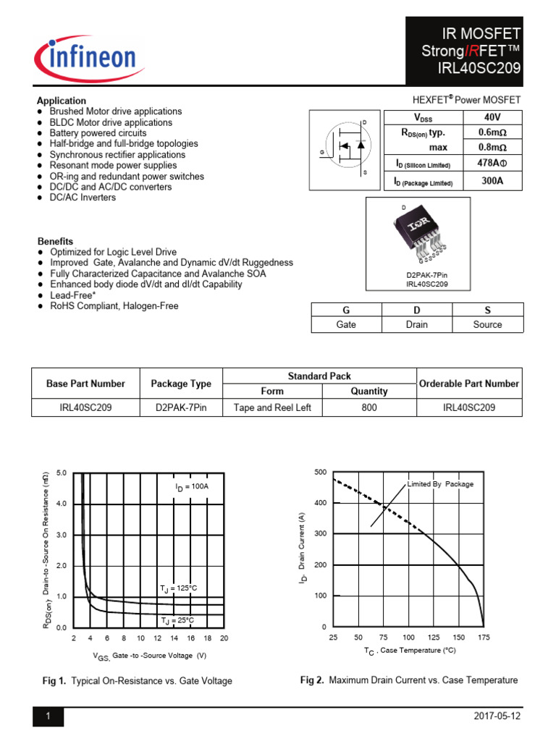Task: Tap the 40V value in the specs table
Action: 489,117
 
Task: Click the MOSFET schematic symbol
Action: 345,148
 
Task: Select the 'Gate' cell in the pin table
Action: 346,325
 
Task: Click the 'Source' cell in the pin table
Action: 487,325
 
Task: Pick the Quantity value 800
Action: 369,407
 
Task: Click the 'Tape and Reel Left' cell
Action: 272,407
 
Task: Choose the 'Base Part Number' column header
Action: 85,384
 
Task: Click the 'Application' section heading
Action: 62,101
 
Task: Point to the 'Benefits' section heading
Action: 55,241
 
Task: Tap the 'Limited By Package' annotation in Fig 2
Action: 440,484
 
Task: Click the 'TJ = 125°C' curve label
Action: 178,588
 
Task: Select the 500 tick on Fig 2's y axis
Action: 320,473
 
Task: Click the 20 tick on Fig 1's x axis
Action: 224,638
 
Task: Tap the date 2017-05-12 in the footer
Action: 496,716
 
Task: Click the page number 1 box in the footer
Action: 48,716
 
